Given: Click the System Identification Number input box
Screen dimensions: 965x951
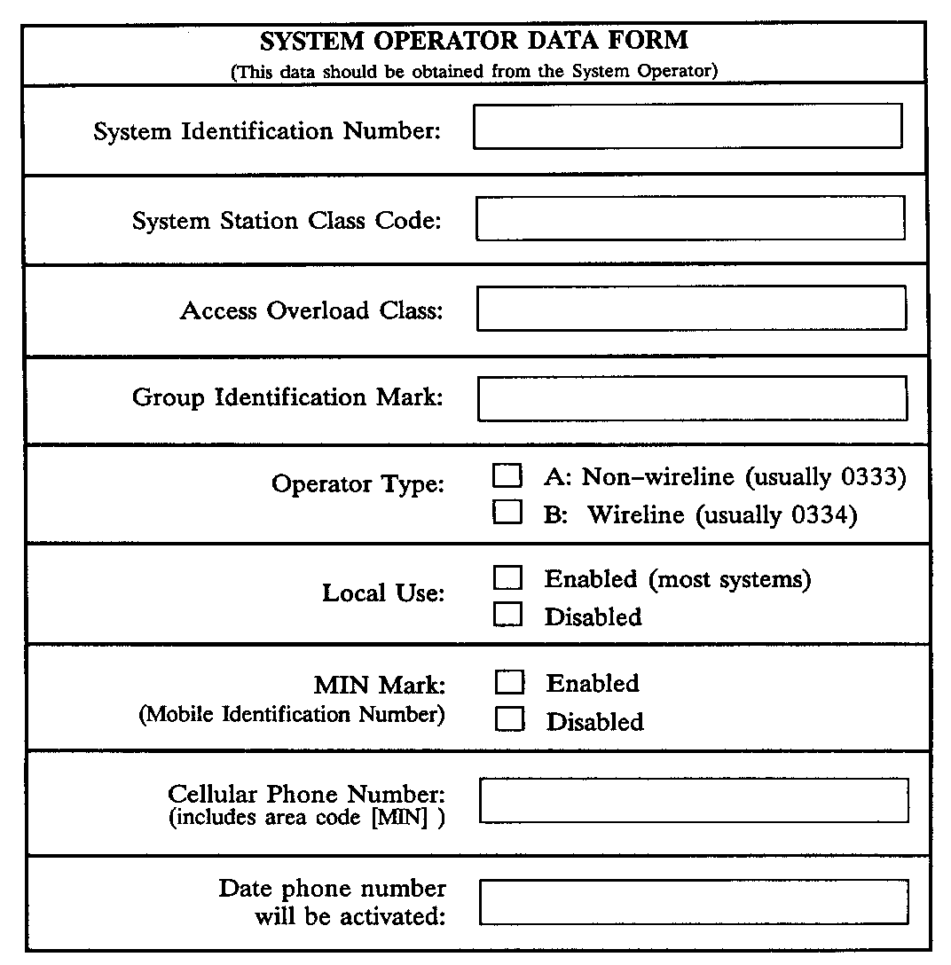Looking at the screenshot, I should point(688,126).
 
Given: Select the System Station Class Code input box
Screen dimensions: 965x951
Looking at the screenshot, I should point(690,218).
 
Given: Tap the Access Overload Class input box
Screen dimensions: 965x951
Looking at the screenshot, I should point(691,308).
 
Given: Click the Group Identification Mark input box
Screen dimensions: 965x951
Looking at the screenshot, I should point(692,398).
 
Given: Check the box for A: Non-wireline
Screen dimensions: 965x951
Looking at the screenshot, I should point(507,476).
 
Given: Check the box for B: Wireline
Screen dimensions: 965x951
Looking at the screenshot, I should point(507,514).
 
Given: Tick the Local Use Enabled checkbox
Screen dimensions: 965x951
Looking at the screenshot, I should point(508,578).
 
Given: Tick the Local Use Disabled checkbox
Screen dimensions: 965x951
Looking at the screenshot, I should point(508,615).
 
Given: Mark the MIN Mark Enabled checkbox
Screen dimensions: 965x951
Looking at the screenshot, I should point(509,683).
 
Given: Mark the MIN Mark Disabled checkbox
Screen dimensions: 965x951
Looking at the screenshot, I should point(509,720).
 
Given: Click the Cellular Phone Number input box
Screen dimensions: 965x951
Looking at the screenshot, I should point(694,800).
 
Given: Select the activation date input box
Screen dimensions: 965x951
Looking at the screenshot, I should point(694,902).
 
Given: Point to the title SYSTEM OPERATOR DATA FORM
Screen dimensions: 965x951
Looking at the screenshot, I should point(474,41).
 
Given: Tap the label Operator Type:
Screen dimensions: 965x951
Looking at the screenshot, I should point(358,484).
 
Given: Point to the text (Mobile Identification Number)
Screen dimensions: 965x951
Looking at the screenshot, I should point(292,714).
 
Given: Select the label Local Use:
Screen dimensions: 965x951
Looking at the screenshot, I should point(383,592).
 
